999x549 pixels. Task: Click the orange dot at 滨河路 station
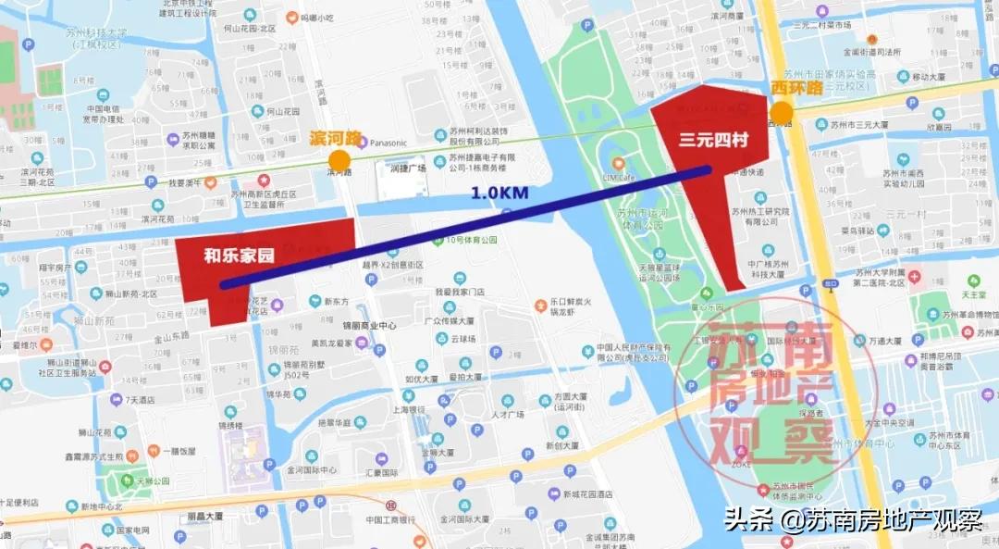(x=339, y=161)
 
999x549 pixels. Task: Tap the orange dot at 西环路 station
(x=782, y=113)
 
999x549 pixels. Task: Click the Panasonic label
(x=388, y=143)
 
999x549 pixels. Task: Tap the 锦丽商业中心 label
(x=369, y=326)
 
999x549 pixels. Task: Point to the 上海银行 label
(x=408, y=409)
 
